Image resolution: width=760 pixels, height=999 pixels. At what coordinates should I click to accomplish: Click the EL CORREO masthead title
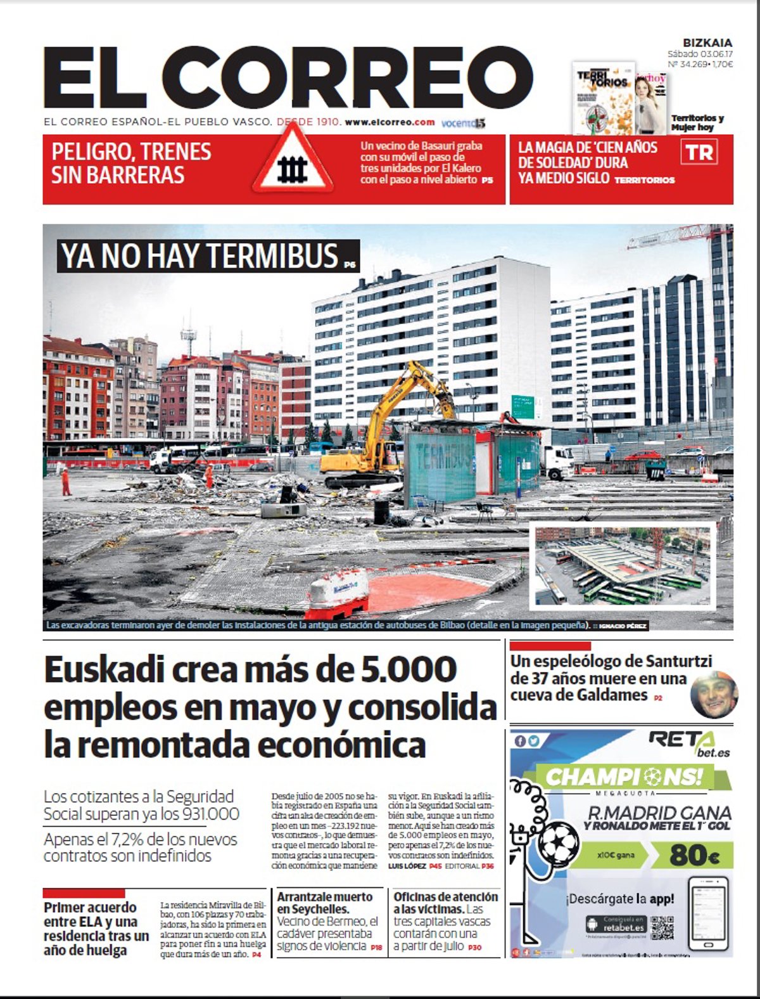[288, 79]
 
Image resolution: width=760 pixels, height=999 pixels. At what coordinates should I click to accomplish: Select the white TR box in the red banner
[699, 153]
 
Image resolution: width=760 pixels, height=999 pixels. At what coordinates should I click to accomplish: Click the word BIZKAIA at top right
[707, 43]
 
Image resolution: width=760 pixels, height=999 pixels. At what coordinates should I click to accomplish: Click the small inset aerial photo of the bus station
[623, 564]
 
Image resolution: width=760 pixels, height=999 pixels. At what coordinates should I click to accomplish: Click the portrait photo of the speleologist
[714, 695]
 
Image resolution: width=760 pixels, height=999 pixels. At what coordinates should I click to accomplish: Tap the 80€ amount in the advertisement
[694, 855]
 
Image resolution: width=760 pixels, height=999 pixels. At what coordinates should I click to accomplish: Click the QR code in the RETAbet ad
[662, 927]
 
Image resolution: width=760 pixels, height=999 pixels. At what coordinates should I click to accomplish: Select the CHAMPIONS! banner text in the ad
[624, 777]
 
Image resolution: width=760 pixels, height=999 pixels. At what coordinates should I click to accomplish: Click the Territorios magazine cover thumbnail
[602, 98]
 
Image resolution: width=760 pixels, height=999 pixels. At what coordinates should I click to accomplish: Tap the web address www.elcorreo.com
[389, 122]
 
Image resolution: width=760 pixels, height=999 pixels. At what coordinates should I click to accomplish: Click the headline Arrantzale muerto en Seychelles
[325, 903]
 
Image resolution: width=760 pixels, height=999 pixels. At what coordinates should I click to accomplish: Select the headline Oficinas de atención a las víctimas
[445, 903]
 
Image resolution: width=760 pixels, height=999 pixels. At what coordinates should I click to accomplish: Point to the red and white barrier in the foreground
[338, 593]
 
